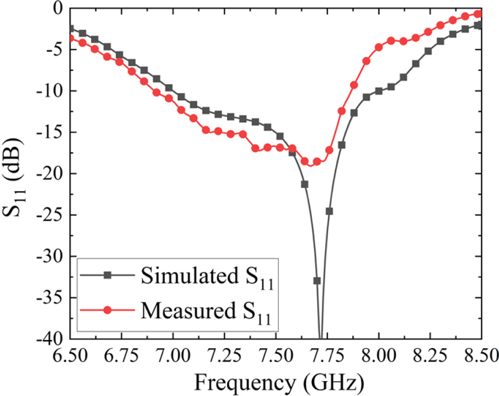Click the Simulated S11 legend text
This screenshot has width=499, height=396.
[208, 275]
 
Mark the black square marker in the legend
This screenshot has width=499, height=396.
[107, 275]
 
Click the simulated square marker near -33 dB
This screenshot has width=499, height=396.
[317, 281]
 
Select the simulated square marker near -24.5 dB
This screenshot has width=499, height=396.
[329, 211]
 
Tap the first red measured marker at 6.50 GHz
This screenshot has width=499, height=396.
[70, 39]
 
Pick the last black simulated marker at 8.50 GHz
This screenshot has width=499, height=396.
[478, 25]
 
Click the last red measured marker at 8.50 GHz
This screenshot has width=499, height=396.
[478, 14]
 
